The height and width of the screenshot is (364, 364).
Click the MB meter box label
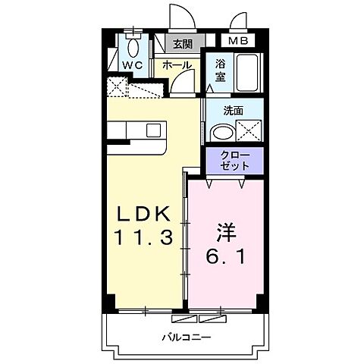pyautogui.click(x=237, y=42)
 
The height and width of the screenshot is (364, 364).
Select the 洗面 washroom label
pyautogui.click(x=233, y=111)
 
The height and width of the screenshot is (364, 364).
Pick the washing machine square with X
pyautogui.click(x=249, y=131)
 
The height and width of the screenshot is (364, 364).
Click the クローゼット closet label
pyautogui.click(x=233, y=159)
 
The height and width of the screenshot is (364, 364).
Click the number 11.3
pyautogui.click(x=147, y=237)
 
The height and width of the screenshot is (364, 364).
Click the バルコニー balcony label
pyautogui.click(x=185, y=337)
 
